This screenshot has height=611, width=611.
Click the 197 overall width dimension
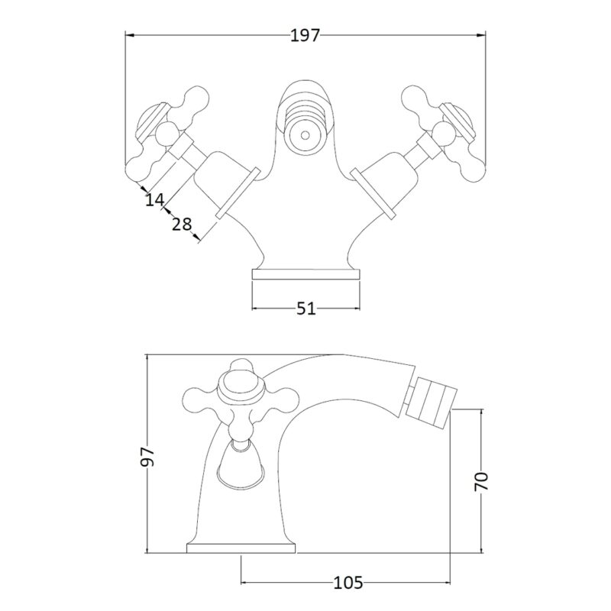[305, 35]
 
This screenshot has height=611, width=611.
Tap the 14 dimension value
[155, 200]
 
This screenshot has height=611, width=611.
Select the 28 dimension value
[182, 225]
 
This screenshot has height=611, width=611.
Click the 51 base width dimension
[306, 309]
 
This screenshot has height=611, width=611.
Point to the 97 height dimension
[148, 456]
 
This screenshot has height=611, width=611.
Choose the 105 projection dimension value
[348, 583]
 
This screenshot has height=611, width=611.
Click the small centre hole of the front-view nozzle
[305, 136]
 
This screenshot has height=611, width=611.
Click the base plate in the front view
[306, 274]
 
